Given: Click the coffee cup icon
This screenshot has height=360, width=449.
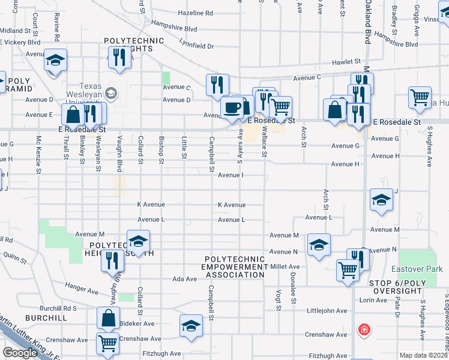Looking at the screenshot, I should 232,107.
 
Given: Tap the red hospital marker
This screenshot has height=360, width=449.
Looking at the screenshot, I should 363,330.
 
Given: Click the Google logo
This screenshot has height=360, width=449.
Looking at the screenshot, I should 20,353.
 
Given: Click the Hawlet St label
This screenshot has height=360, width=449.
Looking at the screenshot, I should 347,61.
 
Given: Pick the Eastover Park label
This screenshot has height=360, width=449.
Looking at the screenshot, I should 425,269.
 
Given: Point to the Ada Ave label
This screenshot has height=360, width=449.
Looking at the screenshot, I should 185,279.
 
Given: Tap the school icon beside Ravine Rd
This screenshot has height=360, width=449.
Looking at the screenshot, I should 55,61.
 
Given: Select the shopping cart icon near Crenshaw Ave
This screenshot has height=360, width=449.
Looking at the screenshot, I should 107,344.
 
